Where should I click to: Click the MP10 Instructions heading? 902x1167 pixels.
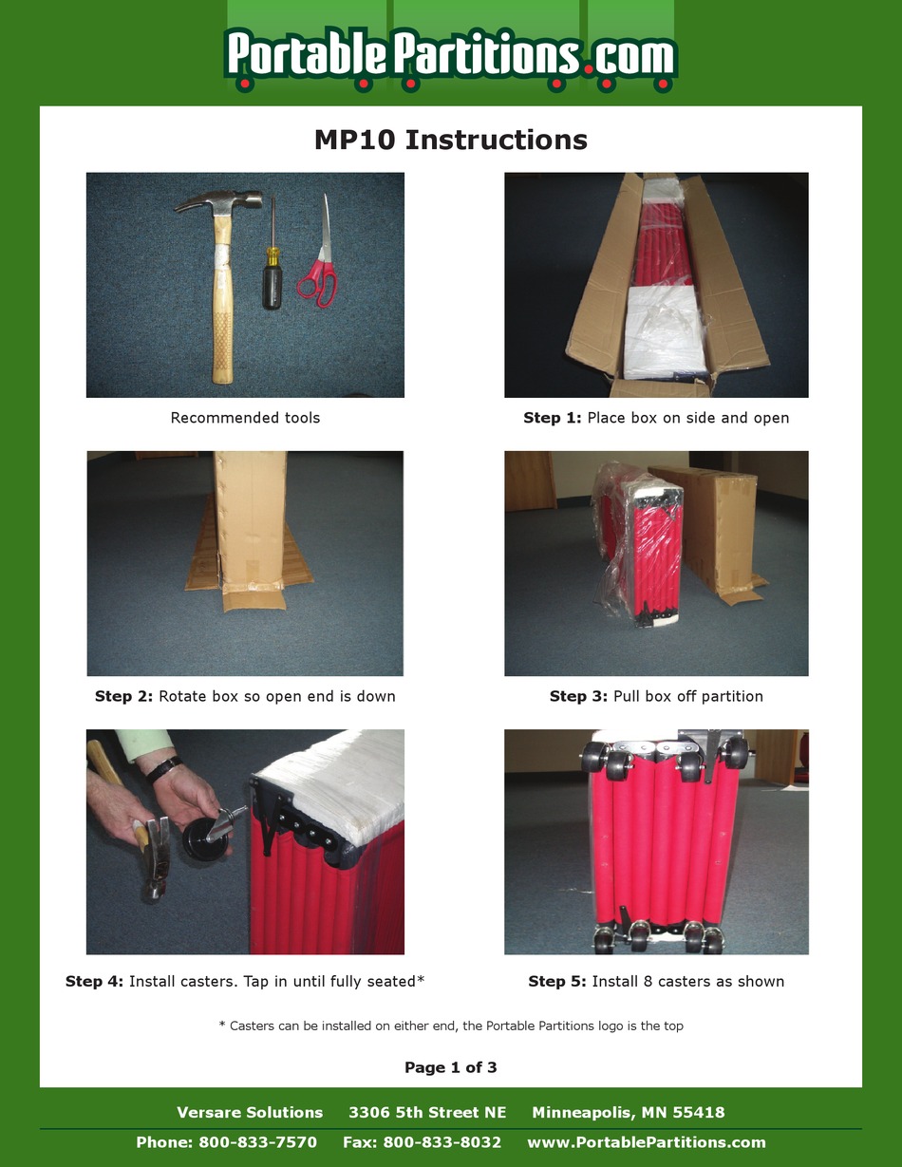coord(450,140)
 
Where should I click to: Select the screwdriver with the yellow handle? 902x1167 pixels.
coord(272,275)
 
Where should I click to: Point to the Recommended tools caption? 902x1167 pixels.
coord(245,418)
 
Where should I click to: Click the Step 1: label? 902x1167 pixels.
coord(552,418)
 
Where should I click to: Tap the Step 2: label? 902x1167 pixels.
coord(123,696)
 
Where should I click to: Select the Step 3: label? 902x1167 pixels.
coord(578,696)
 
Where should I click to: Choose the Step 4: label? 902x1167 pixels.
coord(94,981)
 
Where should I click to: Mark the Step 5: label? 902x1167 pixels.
coord(556,981)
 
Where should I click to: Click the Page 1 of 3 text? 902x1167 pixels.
coord(450,1067)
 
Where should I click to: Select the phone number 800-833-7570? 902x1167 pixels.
coord(257,1142)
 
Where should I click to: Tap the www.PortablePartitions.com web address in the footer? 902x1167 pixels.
coord(646,1142)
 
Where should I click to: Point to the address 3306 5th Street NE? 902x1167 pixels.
coord(427,1112)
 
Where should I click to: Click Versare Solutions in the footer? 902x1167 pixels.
coord(250,1112)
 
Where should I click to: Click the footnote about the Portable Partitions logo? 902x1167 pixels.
coord(450,1026)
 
